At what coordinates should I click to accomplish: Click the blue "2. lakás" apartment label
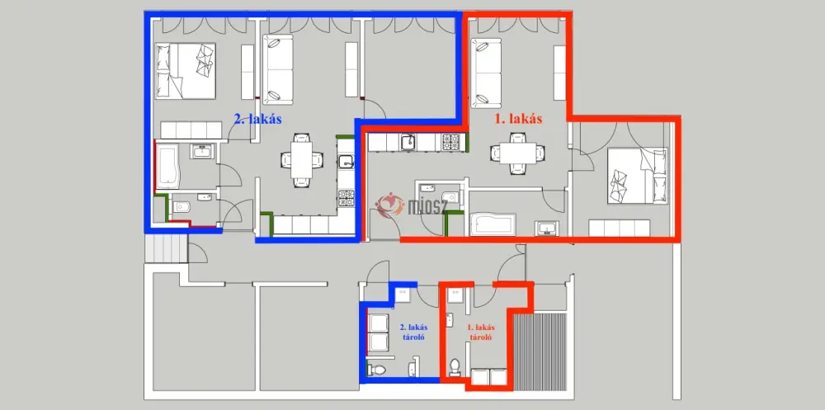257,119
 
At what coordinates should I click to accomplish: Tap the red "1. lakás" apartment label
518,119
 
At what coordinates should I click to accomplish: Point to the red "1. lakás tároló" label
482,332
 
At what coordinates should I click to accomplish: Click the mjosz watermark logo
411,205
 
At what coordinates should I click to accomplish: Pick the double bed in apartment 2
186,70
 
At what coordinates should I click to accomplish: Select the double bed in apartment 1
637,175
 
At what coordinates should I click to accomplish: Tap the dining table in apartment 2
301,159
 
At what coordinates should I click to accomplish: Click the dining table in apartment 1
517,153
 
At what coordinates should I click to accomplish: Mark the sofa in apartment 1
486,73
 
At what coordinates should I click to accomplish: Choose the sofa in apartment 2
277,69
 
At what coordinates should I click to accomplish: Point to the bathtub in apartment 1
493,224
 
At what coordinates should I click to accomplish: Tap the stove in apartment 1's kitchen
452,142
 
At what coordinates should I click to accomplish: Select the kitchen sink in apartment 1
408,142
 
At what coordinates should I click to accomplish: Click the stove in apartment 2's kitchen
346,198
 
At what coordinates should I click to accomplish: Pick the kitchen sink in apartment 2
346,162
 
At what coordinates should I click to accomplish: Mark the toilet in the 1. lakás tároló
455,367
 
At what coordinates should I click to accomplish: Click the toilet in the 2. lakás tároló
377,370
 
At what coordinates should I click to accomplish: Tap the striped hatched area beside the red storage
540,351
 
